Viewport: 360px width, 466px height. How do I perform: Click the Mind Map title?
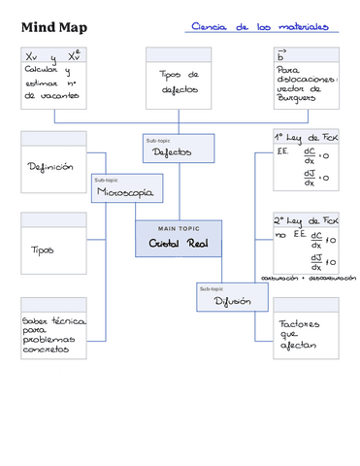point(53,27)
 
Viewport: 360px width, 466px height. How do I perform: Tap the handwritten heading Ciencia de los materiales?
point(259,27)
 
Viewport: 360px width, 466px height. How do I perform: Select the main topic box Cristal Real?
point(179,243)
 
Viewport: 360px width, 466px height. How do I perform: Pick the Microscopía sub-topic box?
point(123,192)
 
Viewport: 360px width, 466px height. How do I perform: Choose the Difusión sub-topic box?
point(232,301)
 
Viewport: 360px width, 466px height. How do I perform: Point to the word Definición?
point(50,167)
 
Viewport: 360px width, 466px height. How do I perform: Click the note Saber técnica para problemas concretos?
point(54,335)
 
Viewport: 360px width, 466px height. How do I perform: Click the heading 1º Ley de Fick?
point(305,137)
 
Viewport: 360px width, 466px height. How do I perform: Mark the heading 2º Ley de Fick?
point(305,219)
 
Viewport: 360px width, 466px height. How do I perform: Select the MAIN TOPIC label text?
point(179,228)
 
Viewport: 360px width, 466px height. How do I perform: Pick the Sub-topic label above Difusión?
point(212,288)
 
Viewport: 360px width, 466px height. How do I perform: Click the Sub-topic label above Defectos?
point(157,140)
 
